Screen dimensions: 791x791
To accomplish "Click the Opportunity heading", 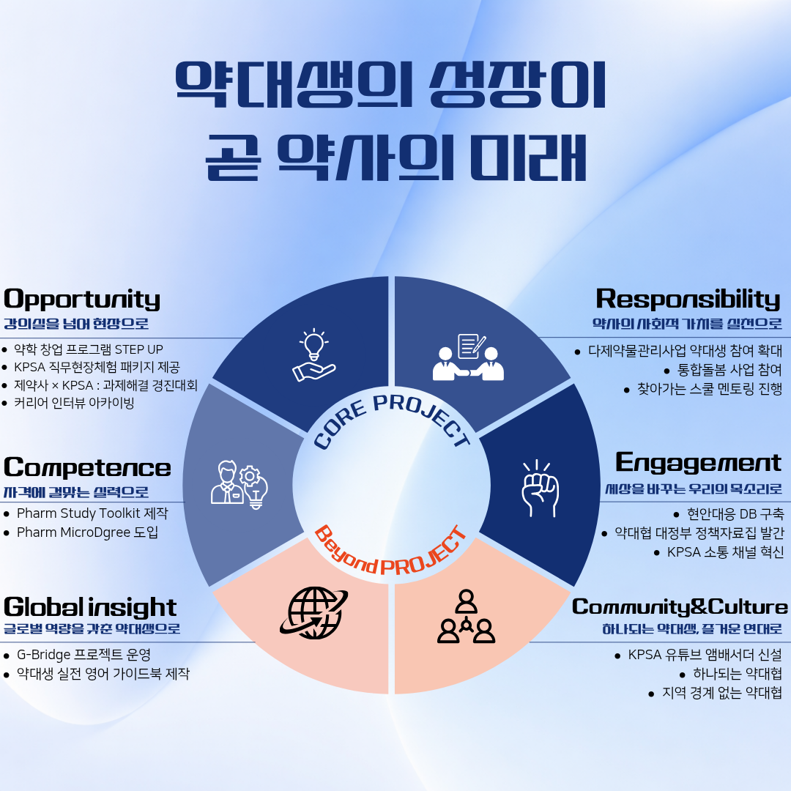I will click(x=82, y=299).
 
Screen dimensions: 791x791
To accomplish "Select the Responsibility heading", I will click(x=688, y=299).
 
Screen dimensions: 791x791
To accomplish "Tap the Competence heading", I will click(x=87, y=467).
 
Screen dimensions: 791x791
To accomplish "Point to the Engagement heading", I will click(x=698, y=462).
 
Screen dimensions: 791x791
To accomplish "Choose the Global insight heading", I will click(x=90, y=607).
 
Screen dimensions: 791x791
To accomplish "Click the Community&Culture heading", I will click(x=680, y=607).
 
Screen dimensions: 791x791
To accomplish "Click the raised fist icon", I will click(x=539, y=488).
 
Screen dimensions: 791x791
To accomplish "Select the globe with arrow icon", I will click(x=313, y=612).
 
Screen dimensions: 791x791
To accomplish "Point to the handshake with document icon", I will click(x=469, y=357).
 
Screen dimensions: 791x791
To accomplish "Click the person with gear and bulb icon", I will click(x=239, y=483).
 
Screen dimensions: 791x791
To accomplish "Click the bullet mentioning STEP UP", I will click(x=89, y=349).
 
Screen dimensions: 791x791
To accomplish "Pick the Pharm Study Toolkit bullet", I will click(x=92, y=513).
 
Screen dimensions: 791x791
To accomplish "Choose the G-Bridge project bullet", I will click(x=83, y=655).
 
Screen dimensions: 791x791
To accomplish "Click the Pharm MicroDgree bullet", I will click(x=87, y=532).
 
